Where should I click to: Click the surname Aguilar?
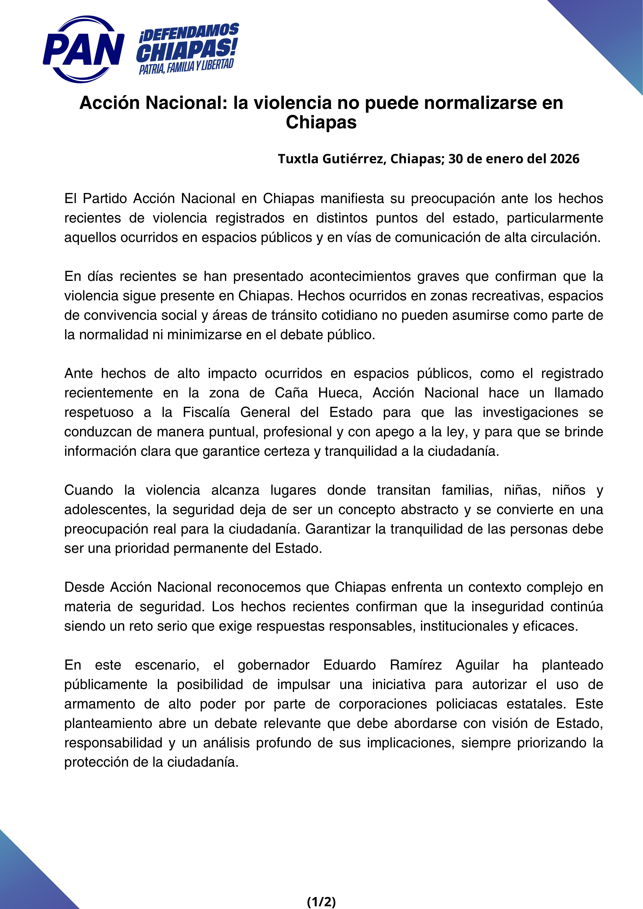click(x=477, y=665)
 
